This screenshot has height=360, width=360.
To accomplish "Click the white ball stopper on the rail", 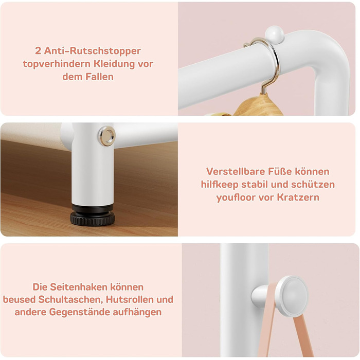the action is [x=275, y=34].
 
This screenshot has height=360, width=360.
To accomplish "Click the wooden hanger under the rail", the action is [x=259, y=105].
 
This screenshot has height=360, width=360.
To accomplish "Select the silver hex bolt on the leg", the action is [x=107, y=136].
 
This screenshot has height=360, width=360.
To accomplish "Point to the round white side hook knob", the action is [x=292, y=296].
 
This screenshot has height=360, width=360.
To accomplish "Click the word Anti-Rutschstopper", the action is [x=92, y=51].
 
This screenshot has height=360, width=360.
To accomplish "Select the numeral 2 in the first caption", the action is [x=38, y=51].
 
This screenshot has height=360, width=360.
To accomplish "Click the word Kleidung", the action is [x=115, y=64].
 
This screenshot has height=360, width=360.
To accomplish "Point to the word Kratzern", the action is [x=298, y=197].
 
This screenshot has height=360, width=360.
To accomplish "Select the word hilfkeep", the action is [x=220, y=185].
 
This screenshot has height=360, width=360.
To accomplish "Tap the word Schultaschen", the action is [x=70, y=300].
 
